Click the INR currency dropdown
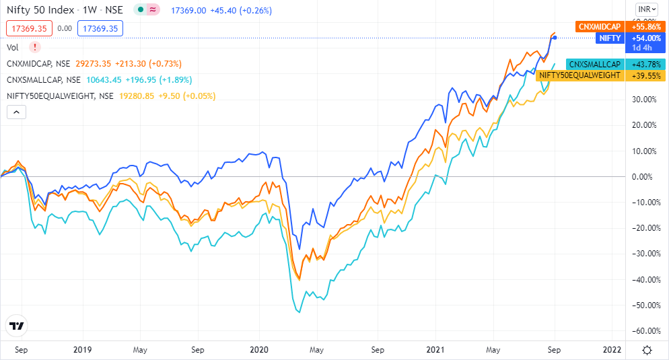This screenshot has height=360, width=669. click(647, 9)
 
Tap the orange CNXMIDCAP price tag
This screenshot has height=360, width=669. click(599, 27)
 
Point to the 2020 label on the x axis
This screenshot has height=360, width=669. click(258, 350)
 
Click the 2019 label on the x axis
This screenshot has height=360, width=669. click(82, 350)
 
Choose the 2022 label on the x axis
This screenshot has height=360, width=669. click(612, 350)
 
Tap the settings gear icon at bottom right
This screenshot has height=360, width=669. click(647, 350)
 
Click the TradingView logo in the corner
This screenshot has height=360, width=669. click(17, 326)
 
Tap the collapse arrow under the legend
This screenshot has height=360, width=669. click(15, 112)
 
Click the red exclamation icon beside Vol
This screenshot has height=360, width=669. click(35, 47)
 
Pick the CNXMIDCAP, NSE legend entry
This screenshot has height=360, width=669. click(39, 63)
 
